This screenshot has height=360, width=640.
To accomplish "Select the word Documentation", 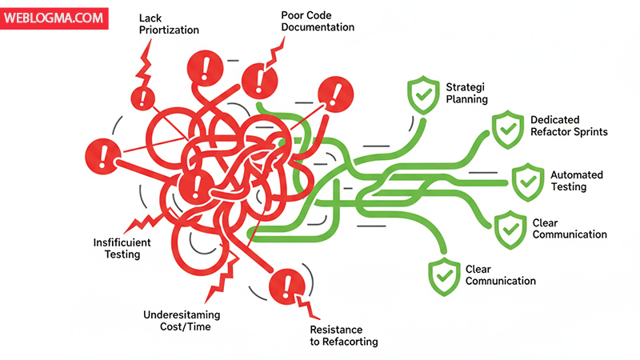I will [x=318, y=27].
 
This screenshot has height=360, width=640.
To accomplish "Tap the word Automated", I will [x=577, y=174].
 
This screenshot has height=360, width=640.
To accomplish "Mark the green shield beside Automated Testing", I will [x=526, y=181].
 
